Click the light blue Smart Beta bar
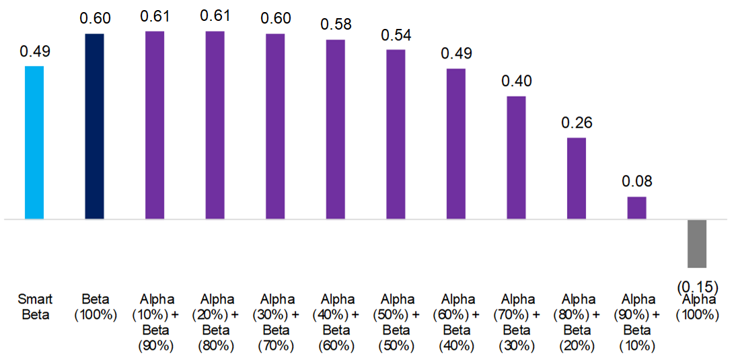[x=34, y=143]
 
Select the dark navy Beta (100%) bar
[x=95, y=127]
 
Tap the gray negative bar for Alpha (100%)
[x=697, y=244]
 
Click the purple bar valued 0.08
[x=636, y=208]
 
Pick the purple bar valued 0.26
[x=577, y=178]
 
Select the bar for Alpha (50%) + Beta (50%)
[x=396, y=135]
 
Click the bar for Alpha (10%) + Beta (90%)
[x=155, y=125]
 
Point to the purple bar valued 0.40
[x=516, y=157]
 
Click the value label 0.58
[x=335, y=25]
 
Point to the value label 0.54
[x=396, y=35]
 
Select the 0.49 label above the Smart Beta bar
[x=34, y=52]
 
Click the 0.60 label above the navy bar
[x=95, y=19]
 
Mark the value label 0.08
[x=636, y=182]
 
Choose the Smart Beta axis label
[x=34, y=306]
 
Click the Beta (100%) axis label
[x=95, y=306]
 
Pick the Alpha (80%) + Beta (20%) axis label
[x=577, y=322]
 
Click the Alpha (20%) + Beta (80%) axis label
[x=215, y=322]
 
